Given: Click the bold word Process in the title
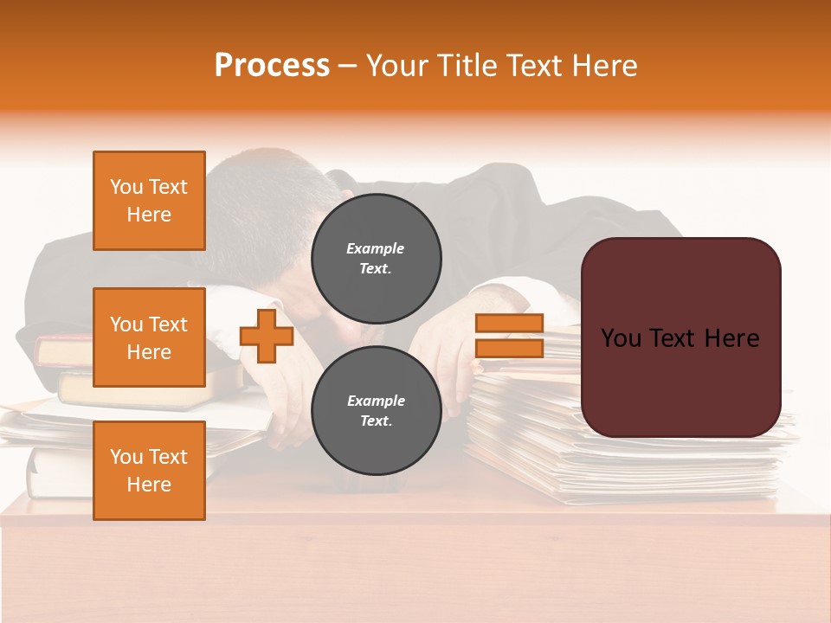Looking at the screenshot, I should click(272, 66).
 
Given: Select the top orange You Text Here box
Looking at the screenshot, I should click(149, 201).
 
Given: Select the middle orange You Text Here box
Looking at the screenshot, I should click(149, 337).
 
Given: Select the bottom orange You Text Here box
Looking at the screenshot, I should click(149, 470).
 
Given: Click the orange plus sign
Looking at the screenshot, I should click(267, 336).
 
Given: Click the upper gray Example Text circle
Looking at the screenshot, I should click(376, 258).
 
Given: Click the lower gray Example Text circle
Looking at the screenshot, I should click(376, 410).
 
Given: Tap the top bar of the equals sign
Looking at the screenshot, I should click(510, 323).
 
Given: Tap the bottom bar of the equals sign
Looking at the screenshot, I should click(510, 348).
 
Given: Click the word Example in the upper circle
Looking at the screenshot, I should click(376, 248).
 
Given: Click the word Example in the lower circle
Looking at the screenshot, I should click(376, 401).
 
